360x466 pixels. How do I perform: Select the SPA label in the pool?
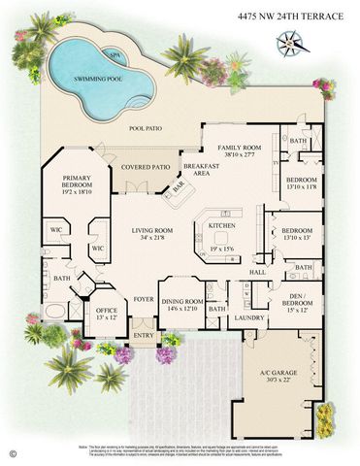click(115, 56)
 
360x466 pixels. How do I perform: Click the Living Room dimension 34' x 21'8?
click(150, 238)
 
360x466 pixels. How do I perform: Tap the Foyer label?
click(144, 299)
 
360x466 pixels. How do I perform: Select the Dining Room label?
click(182, 302)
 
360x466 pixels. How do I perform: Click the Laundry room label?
click(250, 317)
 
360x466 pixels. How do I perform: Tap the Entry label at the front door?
click(144, 336)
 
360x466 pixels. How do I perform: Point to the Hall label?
click(258, 273)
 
